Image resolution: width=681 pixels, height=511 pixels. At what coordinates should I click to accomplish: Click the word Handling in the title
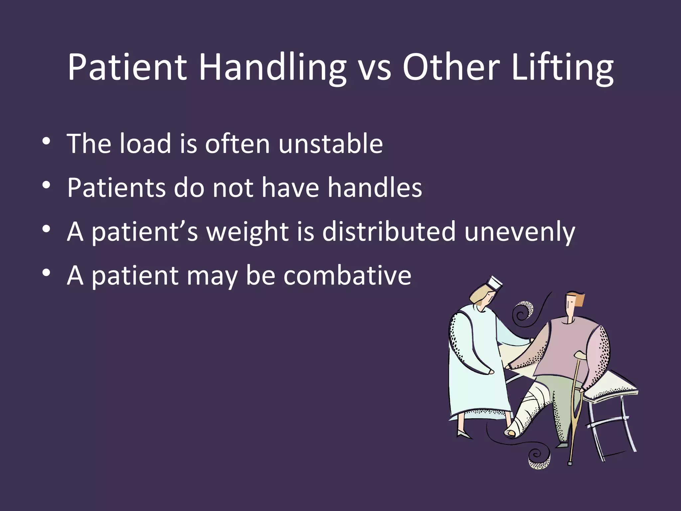point(273,68)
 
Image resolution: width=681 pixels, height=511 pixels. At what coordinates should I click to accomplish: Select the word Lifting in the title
point(562,68)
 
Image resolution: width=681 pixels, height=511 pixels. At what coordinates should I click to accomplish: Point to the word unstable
point(331,144)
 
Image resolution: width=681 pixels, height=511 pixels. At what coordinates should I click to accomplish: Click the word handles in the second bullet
point(375,188)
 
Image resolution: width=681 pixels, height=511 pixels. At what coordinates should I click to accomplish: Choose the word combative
point(347,276)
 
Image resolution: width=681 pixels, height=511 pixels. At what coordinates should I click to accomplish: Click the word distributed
point(389,232)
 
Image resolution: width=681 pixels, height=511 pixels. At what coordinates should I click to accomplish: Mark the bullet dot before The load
point(46,141)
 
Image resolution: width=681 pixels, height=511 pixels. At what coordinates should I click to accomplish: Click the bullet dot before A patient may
point(46,273)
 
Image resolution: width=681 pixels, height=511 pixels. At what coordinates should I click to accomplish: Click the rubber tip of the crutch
point(570,463)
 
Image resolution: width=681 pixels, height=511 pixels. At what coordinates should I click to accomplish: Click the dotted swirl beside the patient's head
point(524,310)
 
